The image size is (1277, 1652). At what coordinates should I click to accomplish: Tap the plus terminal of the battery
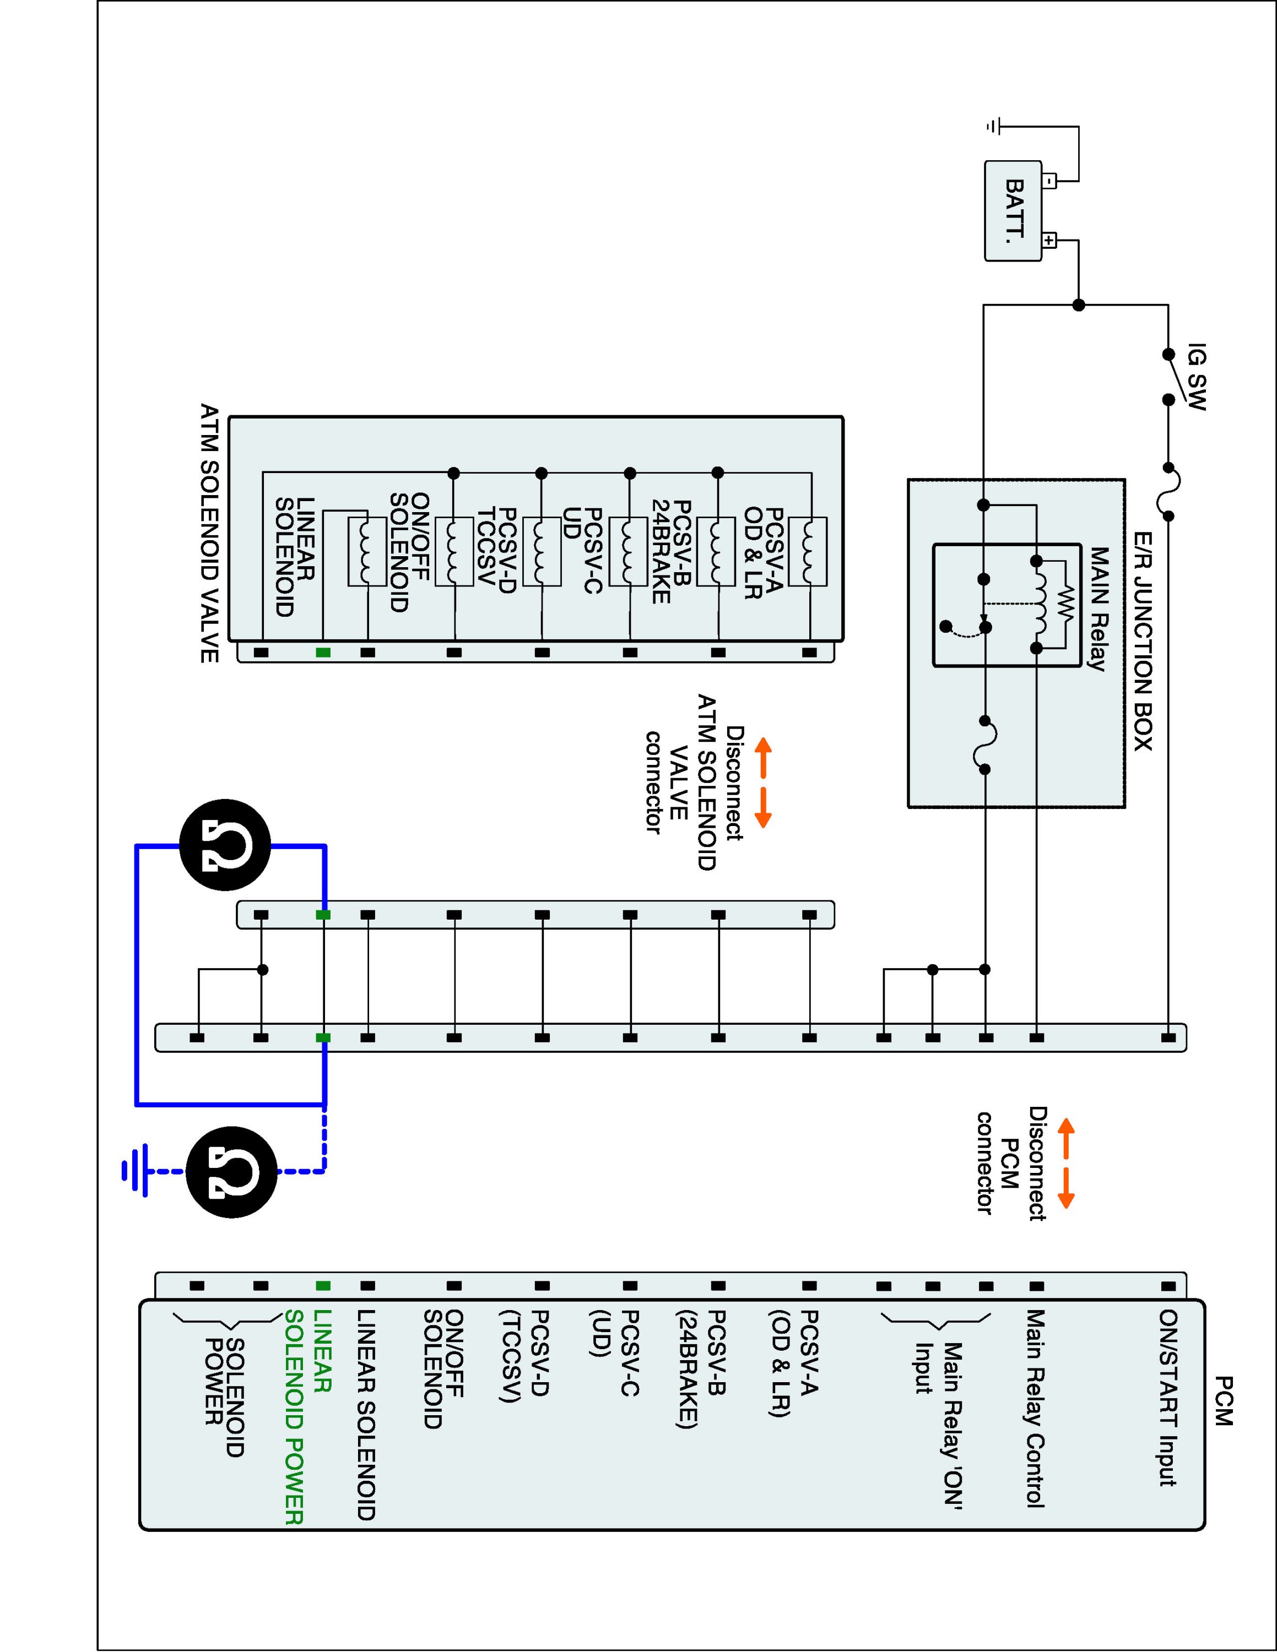pos(1049,241)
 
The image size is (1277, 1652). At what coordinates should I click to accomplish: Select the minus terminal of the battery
pos(1049,181)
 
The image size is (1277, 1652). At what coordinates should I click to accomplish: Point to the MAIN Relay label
pos(1099,609)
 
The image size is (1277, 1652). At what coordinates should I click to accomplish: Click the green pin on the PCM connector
pos(323,1285)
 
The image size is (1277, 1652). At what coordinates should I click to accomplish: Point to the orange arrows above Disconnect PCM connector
pos(1065,1162)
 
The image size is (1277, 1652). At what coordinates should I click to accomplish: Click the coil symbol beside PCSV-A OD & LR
pos(807,551)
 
